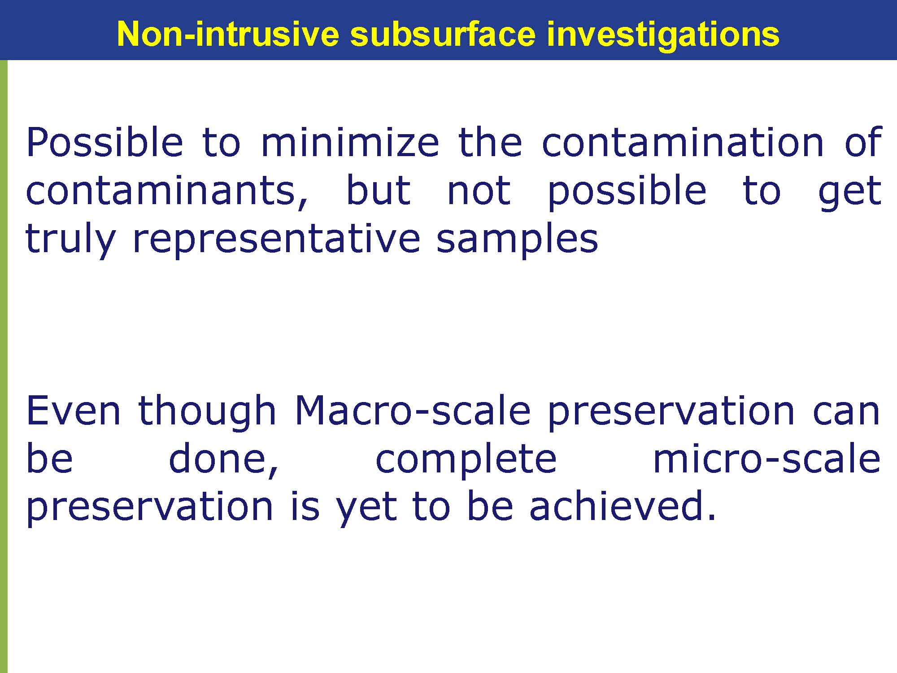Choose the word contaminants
coord(167,191)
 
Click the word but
coord(379,190)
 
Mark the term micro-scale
coord(766,459)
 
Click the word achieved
coord(622,506)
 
